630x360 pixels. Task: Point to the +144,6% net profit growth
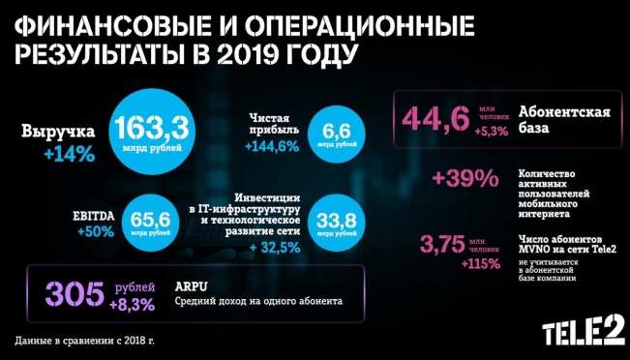click(270, 146)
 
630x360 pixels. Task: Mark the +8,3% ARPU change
click(132, 303)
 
